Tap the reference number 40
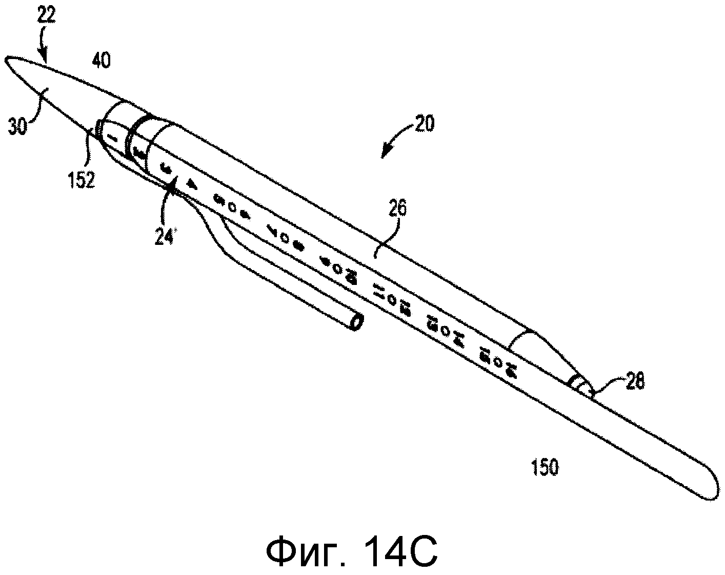[x=101, y=62]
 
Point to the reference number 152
[x=80, y=180]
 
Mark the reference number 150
[x=544, y=468]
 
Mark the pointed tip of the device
[x=6, y=62]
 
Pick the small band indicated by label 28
[x=580, y=384]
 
